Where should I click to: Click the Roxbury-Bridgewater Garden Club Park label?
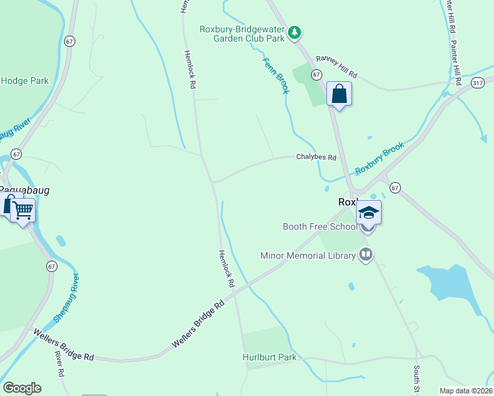coord(242,34)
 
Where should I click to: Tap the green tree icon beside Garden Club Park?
coord(295,30)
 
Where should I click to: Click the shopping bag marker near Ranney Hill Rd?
coord(339,94)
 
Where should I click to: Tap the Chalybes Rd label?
coord(316,158)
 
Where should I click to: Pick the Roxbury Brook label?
coord(379,160)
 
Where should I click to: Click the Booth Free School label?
coord(319,226)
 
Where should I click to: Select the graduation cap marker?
coord(369,213)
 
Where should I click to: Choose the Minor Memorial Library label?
coord(308,255)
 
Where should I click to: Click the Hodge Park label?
coord(25,81)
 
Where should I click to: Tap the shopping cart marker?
coord(23,211)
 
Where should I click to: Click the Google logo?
coord(22,388)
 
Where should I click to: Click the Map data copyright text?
coord(466,391)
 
